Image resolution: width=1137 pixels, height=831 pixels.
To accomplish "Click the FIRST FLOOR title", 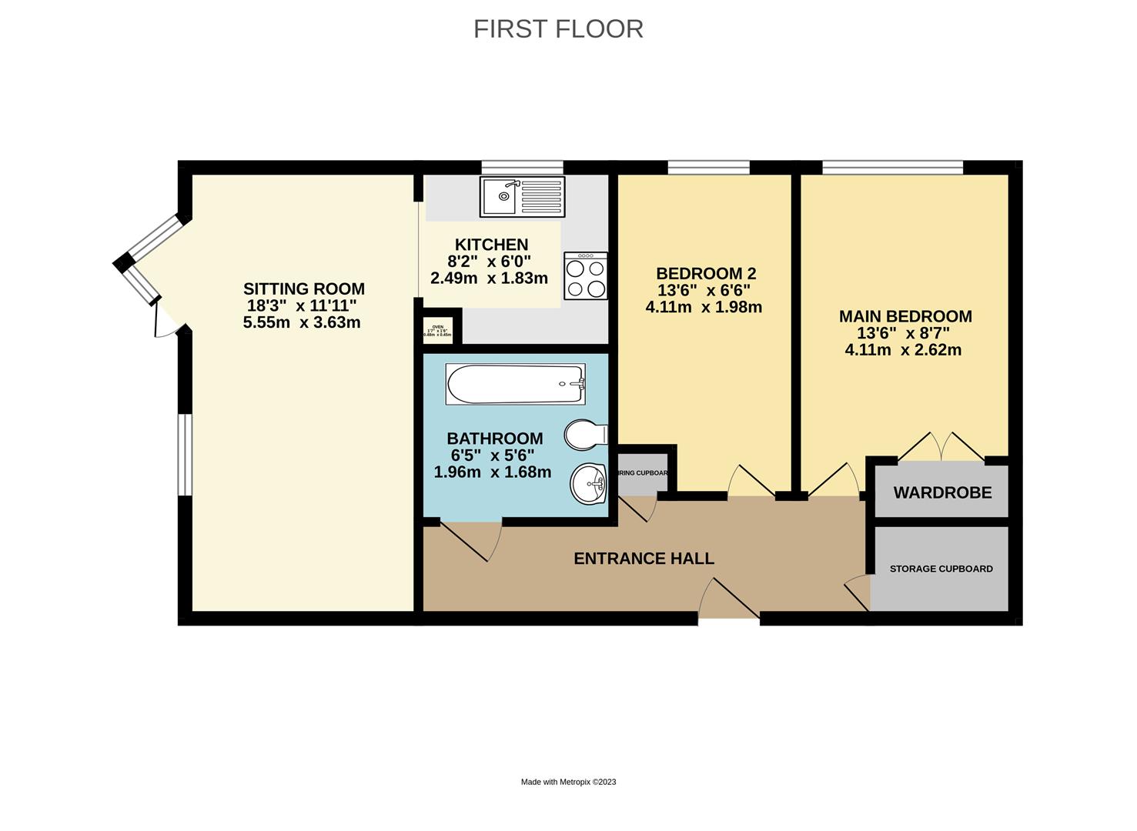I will coord(558,28).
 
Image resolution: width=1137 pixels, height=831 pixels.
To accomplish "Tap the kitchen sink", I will coord(522,196).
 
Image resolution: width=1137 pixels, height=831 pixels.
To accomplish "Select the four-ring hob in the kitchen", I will coord(586,276).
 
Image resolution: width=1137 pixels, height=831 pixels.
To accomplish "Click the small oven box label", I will coord(438,331).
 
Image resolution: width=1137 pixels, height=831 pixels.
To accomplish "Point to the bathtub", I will coord(515,384).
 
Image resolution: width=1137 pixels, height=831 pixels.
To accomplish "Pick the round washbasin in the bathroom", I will coord(590,484).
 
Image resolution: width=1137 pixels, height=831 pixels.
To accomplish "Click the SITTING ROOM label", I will coord(303,289).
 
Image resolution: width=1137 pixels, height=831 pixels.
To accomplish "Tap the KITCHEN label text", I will coord(491,245).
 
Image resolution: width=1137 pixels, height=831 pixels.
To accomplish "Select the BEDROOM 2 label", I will coord(705,274).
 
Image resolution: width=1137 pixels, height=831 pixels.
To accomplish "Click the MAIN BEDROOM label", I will coord(905,316).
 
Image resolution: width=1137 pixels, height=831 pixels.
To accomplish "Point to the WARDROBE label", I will coord(942,492).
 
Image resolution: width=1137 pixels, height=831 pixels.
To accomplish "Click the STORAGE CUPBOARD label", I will coord(941,569).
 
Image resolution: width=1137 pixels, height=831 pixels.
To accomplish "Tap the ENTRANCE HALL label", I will coord(644,559).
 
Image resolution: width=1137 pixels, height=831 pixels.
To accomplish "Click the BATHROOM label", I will coord(494,439).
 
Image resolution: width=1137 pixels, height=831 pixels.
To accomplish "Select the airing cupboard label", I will coord(643,472).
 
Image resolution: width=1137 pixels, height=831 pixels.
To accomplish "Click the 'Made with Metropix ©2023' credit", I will coord(568,782).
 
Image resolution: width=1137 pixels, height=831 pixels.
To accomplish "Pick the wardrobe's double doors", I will coord(941,448).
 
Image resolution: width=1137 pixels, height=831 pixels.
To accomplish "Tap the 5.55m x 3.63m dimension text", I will coord(302,322).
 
